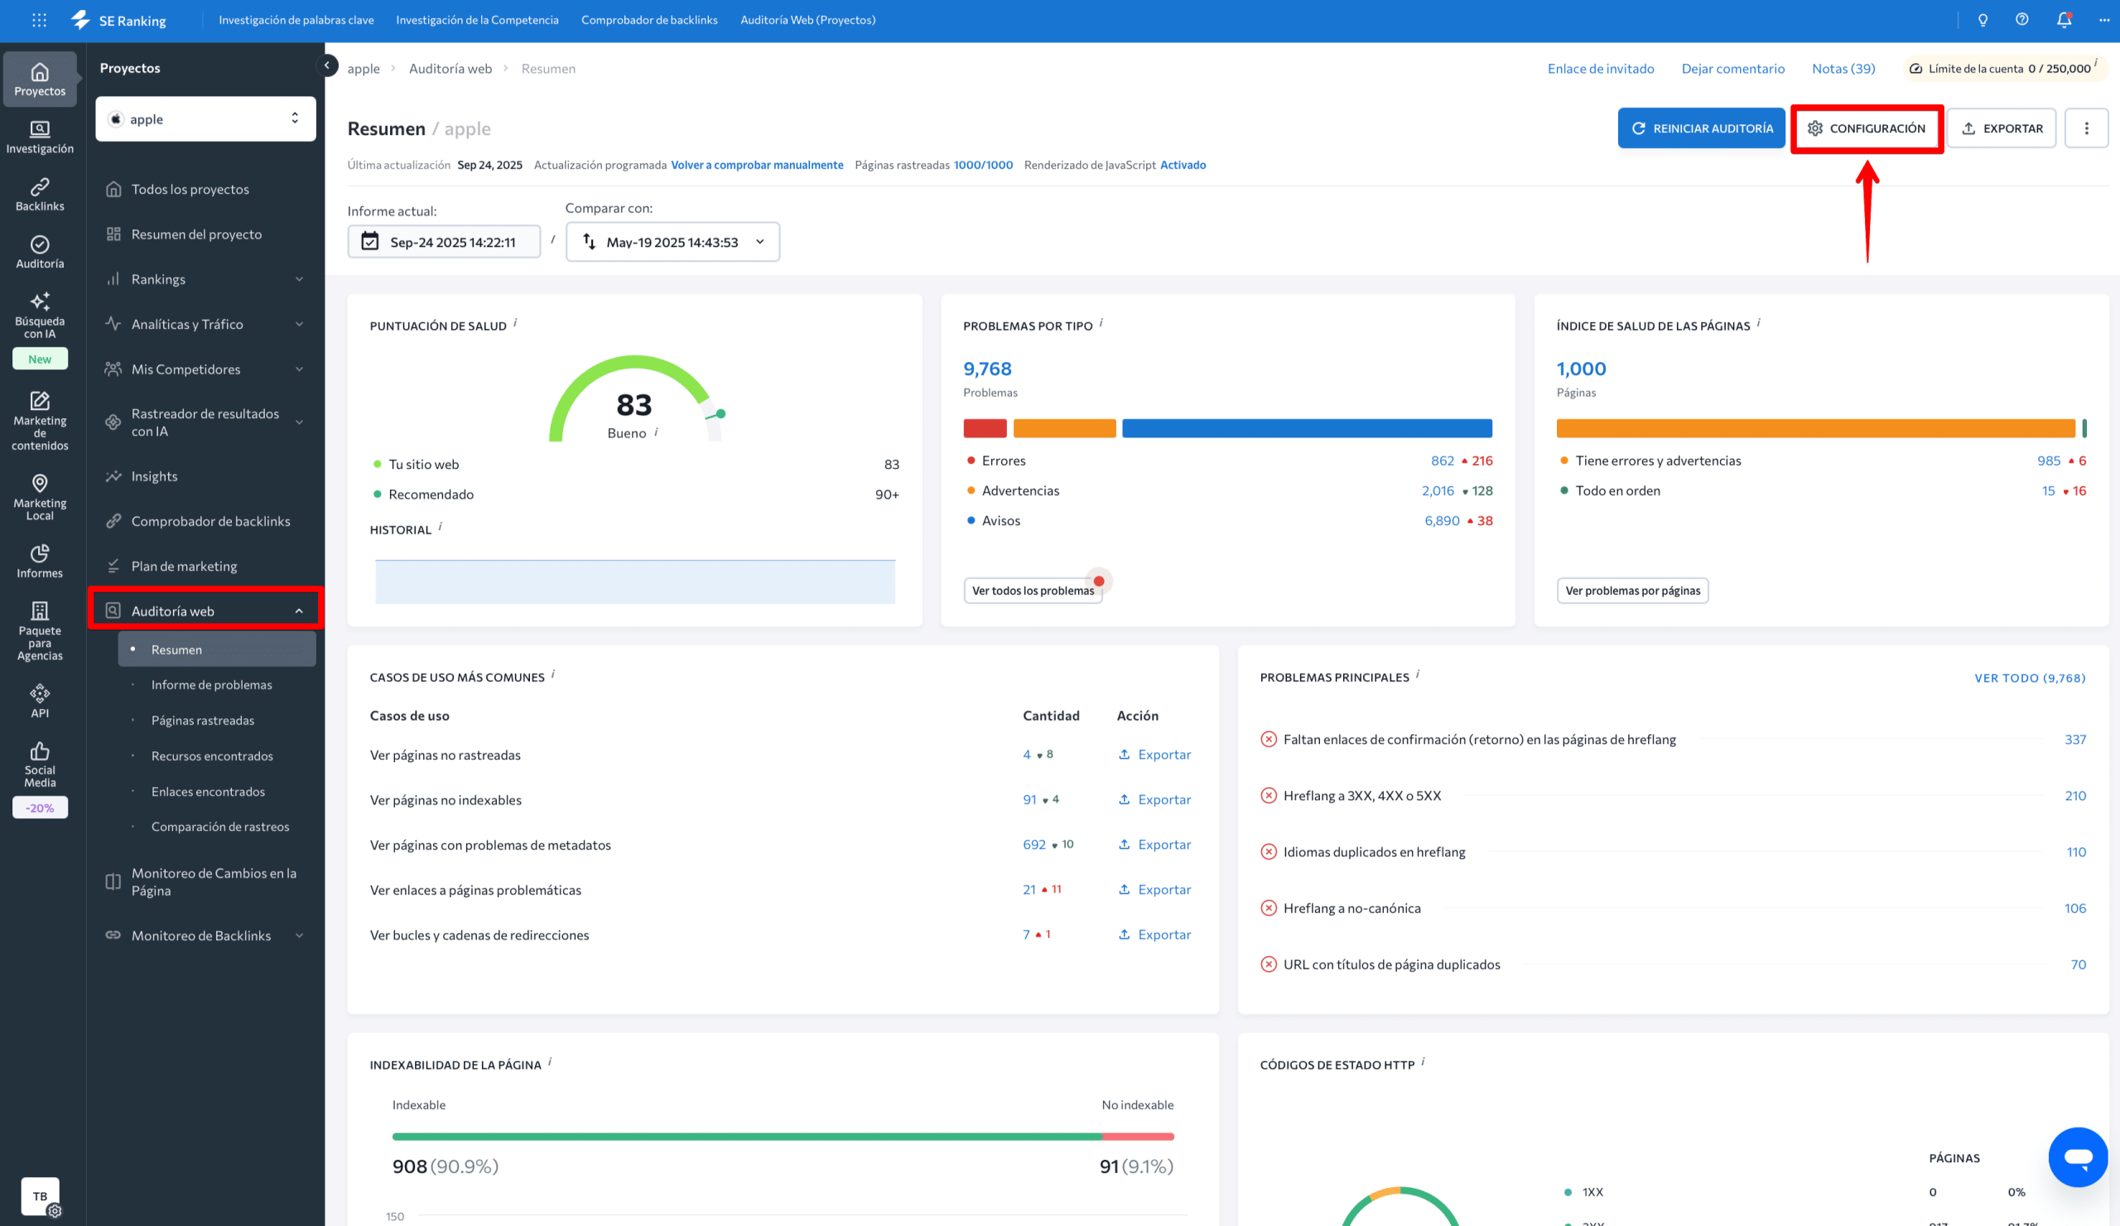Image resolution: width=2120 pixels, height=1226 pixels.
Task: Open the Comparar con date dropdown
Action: [x=672, y=243]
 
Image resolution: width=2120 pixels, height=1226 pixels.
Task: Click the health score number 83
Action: [x=634, y=406]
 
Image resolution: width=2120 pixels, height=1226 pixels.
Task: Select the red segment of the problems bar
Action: [x=985, y=428]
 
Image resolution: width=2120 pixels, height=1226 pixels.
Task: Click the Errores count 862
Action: [x=1442, y=461]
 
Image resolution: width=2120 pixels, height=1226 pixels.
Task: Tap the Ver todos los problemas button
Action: [x=1032, y=591]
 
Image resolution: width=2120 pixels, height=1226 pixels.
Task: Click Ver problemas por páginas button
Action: [x=1631, y=591]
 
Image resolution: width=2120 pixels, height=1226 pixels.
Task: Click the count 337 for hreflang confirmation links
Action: [x=2074, y=740]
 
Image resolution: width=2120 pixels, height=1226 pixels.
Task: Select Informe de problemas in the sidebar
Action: [x=211, y=685]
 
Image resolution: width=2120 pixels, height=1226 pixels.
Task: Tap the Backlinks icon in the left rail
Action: [x=40, y=195]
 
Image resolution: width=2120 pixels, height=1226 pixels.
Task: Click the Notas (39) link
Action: [x=1843, y=69]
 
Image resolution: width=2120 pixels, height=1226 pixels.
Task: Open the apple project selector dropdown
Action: [x=205, y=119]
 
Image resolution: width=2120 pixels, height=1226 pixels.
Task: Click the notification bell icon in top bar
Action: [x=2063, y=20]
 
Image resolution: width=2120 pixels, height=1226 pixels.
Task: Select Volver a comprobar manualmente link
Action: [x=756, y=166]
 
